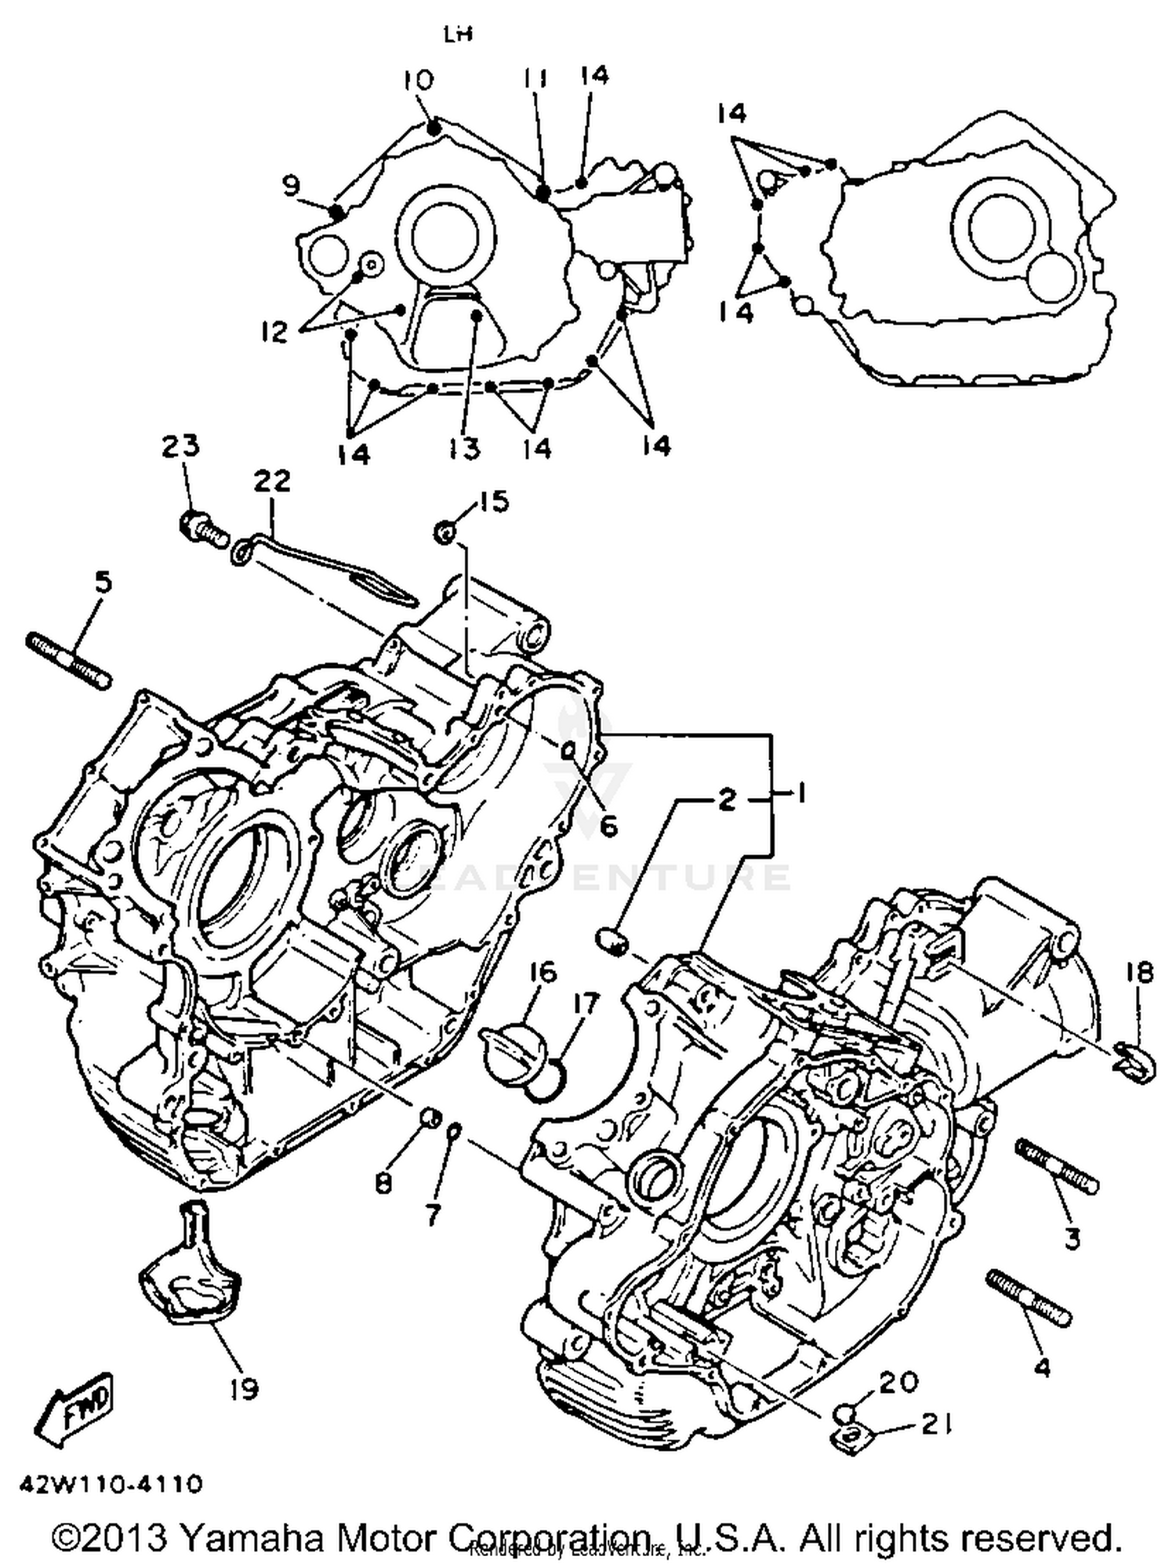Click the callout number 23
pos(180,445)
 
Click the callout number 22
pos(271,481)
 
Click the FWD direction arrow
pos(75,1408)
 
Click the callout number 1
pos(801,794)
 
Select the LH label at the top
pos(457,34)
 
